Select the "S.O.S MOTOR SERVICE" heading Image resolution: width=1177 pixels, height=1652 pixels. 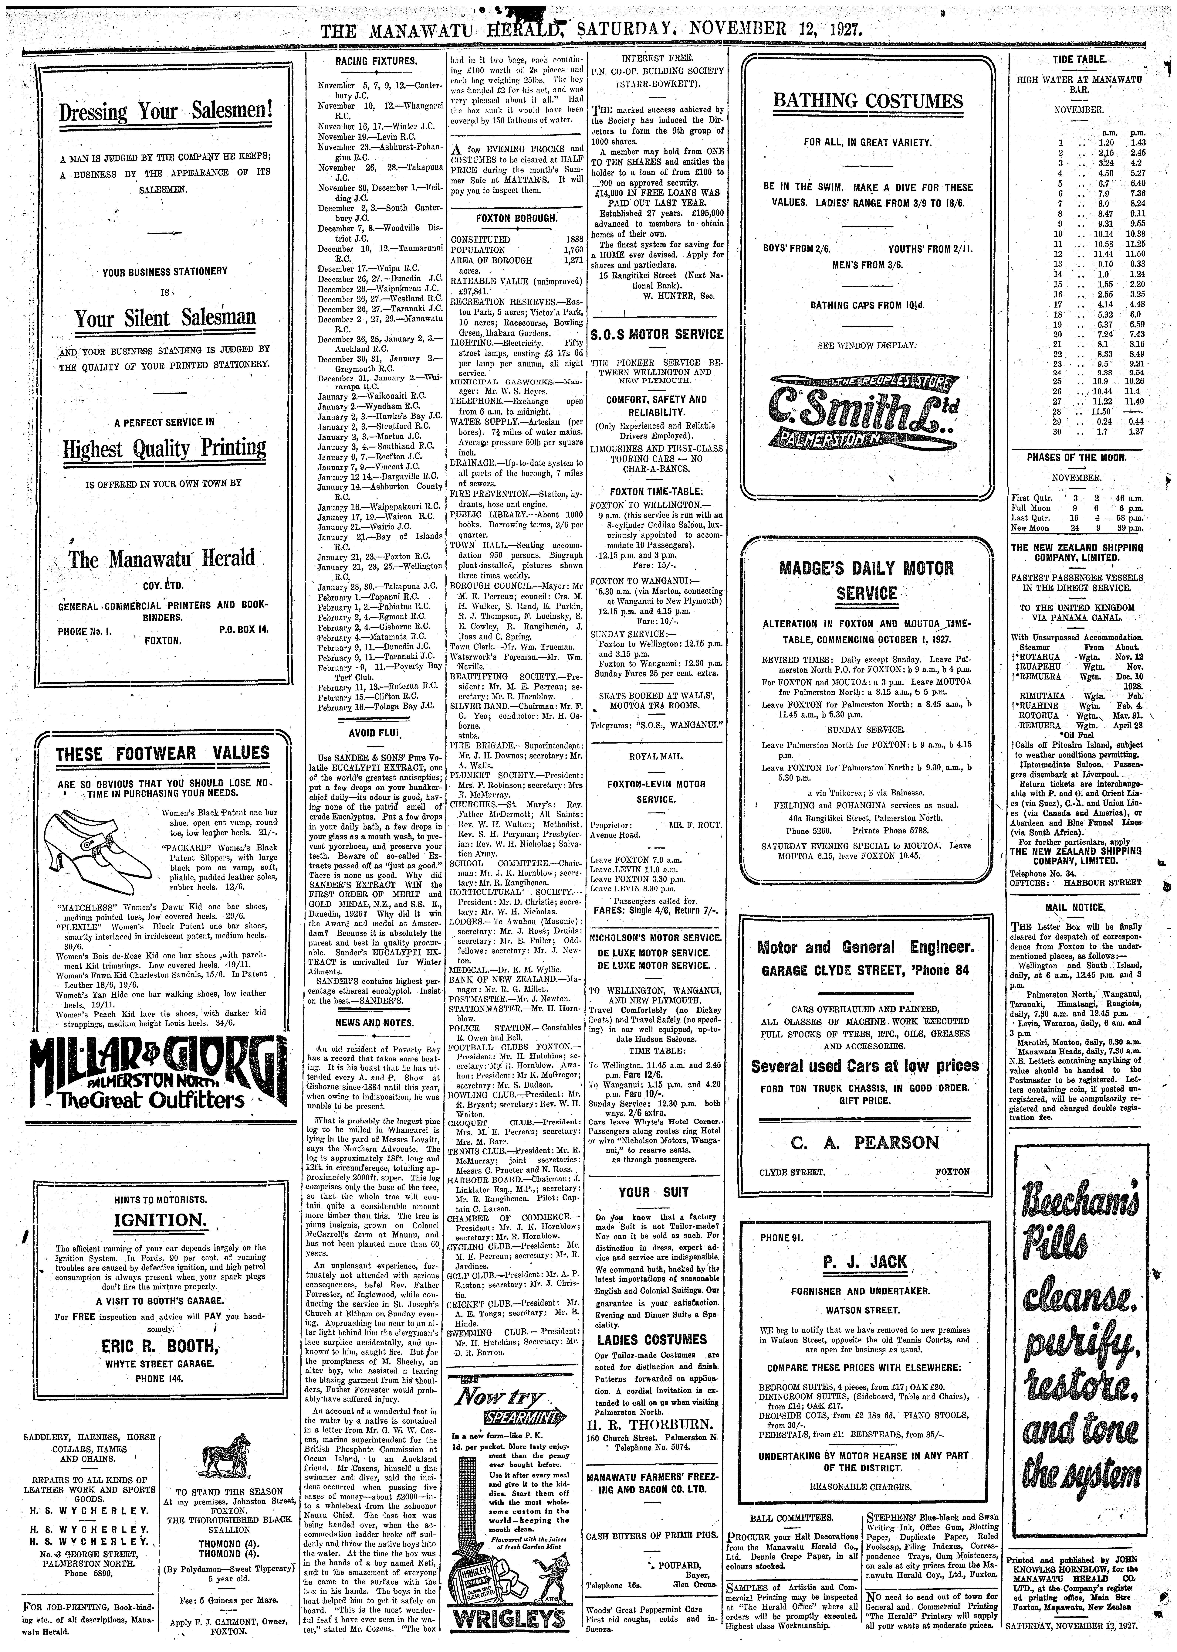coord(657,334)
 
